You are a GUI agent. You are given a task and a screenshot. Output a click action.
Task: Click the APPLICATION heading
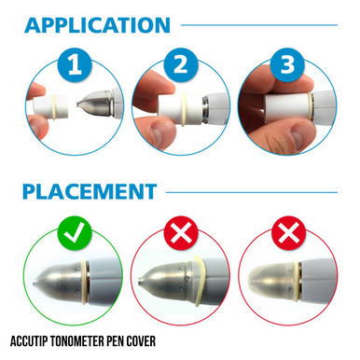pyautogui.click(x=97, y=25)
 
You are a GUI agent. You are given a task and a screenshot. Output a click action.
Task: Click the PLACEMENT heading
pyautogui.click(x=90, y=191)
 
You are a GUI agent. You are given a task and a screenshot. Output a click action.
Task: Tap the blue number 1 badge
pyautogui.click(x=75, y=65)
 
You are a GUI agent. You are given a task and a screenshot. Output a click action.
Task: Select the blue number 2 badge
pyautogui.click(x=181, y=65)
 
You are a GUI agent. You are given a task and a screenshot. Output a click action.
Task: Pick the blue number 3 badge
pyautogui.click(x=287, y=65)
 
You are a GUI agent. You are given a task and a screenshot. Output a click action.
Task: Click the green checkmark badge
pyautogui.click(x=75, y=233)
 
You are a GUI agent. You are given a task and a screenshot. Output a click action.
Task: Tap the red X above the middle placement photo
pyautogui.click(x=181, y=233)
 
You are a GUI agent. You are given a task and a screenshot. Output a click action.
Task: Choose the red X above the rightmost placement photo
pyautogui.click(x=288, y=233)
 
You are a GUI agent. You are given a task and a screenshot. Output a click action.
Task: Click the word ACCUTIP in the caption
pyautogui.click(x=29, y=341)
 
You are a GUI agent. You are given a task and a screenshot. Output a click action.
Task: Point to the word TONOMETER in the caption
pyautogui.click(x=77, y=341)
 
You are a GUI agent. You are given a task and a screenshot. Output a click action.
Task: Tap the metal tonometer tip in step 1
pyautogui.click(x=93, y=103)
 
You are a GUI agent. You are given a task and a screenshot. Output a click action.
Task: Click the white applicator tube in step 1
pyautogui.click(x=50, y=106)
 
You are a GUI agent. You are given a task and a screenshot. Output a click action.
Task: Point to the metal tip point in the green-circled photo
pyautogui.click(x=35, y=283)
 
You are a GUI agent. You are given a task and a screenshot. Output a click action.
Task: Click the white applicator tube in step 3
pyautogui.click(x=286, y=105)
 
